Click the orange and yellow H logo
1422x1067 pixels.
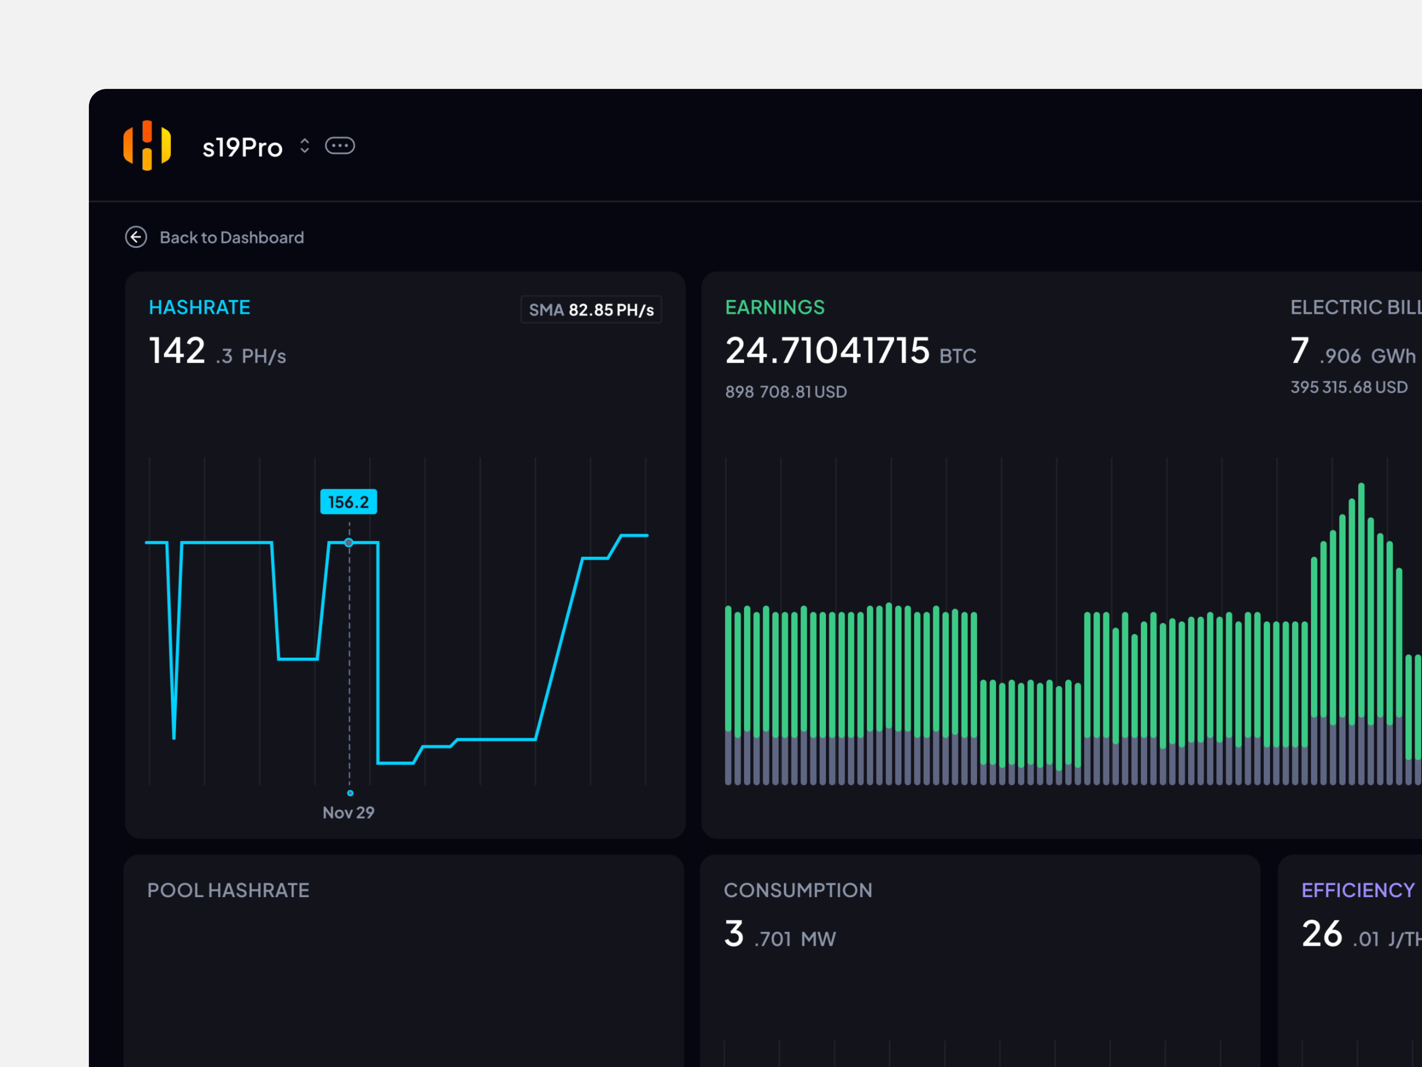click(x=147, y=145)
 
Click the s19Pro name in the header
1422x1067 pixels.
click(x=242, y=147)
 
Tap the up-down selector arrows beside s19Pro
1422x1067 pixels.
click(x=305, y=146)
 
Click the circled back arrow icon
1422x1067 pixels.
click(x=136, y=237)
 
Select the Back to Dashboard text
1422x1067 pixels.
click(x=231, y=237)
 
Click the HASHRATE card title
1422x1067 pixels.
click(x=199, y=307)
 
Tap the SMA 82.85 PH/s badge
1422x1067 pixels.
click(x=591, y=309)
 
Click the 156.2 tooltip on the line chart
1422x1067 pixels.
click(x=348, y=502)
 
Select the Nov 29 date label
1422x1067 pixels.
click(x=348, y=812)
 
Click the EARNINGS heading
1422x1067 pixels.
click(x=775, y=307)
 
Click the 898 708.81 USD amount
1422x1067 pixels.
click(x=786, y=392)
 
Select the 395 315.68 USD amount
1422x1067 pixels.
click(x=1349, y=387)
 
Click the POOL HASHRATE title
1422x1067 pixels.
click(x=228, y=890)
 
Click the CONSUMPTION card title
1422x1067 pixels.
click(x=798, y=890)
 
